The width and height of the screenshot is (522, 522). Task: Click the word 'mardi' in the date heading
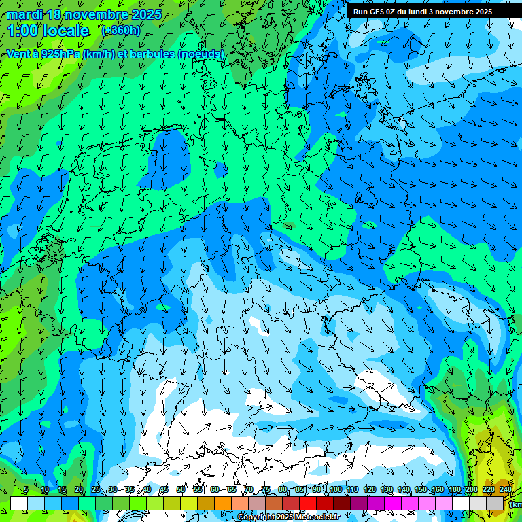pyautogui.click(x=24, y=14)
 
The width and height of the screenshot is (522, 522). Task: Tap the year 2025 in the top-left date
pyautogui.click(x=145, y=14)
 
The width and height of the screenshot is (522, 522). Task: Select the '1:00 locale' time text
pyautogui.click(x=48, y=31)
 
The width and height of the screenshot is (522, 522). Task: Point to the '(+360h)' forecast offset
pyautogui.click(x=121, y=31)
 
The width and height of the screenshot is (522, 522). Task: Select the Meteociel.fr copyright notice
pyautogui.click(x=288, y=517)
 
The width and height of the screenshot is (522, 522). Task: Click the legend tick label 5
pyautogui.click(x=26, y=489)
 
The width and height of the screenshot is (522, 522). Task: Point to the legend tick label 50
pyautogui.click(x=181, y=489)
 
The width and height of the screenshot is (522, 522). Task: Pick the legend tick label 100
pyautogui.click(x=335, y=489)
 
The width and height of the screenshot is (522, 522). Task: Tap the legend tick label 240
pyautogui.click(x=506, y=489)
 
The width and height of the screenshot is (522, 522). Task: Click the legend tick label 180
pyautogui.click(x=455, y=489)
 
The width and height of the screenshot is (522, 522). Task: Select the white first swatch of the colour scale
pyautogui.click(x=19, y=503)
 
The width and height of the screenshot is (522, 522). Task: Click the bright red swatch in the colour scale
pyautogui.click(x=308, y=503)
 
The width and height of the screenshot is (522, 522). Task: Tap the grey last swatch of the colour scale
pyautogui.click(x=495, y=503)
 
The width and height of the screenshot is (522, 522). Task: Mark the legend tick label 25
pyautogui.click(x=96, y=489)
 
